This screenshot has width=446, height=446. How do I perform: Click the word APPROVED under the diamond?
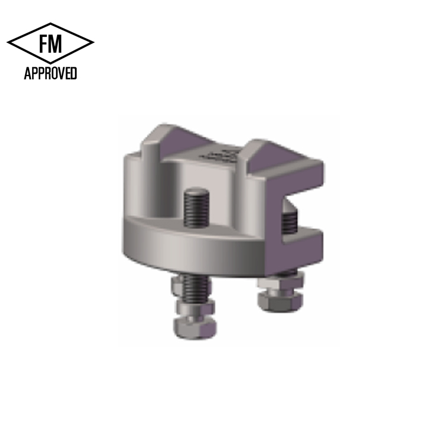click(x=50, y=74)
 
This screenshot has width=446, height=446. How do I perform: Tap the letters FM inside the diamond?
click(x=50, y=44)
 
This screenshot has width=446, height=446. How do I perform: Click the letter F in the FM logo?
click(x=43, y=44)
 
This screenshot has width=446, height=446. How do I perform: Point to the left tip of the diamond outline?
click(x=8, y=43)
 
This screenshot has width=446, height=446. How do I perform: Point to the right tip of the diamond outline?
click(x=93, y=43)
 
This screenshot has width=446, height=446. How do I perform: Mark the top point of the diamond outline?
click(x=51, y=23)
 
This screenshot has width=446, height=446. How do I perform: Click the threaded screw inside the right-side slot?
click(x=288, y=220)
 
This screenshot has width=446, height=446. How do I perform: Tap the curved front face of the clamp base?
click(x=178, y=244)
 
